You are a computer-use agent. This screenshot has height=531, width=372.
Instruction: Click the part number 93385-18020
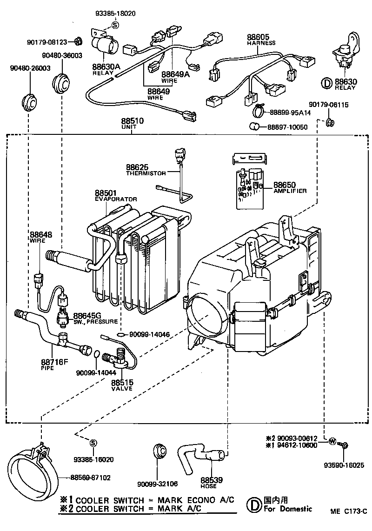point(116,13)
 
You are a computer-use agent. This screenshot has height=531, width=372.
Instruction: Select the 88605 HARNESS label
point(260,40)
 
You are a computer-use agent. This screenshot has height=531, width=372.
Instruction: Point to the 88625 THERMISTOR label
point(146,169)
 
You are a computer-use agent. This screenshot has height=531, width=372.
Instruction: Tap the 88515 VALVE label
point(122,385)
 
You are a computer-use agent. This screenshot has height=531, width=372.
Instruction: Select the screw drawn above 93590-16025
point(345,445)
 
